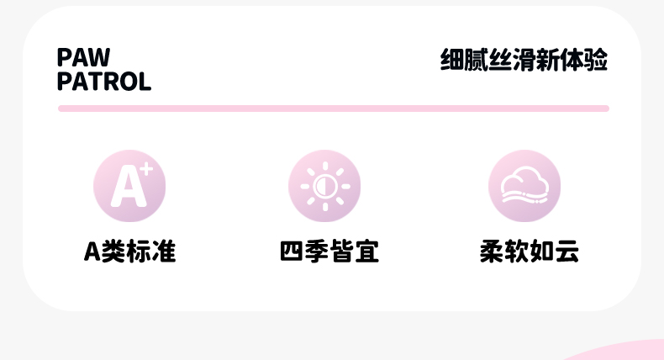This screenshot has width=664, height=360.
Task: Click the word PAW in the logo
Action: (x=83, y=57)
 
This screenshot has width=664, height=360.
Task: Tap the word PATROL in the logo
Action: (x=104, y=82)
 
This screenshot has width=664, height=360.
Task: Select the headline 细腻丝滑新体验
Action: (x=524, y=61)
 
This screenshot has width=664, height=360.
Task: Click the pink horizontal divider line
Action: (x=333, y=109)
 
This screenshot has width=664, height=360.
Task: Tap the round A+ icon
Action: (x=129, y=186)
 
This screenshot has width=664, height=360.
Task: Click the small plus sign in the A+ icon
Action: (x=146, y=169)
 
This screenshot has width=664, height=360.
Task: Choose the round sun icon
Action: (x=324, y=186)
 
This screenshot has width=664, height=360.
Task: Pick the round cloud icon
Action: (x=524, y=186)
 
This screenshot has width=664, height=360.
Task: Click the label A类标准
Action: (x=129, y=251)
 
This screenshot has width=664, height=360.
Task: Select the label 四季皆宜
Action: (x=329, y=251)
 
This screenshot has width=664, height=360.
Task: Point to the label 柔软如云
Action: (x=530, y=251)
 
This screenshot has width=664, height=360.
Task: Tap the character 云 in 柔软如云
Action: (x=567, y=251)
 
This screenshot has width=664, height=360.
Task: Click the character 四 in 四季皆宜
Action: (x=292, y=251)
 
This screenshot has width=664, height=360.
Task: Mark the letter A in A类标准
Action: (x=92, y=251)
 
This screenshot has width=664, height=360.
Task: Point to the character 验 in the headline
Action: (x=596, y=61)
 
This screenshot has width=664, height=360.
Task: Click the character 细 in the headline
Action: (x=452, y=61)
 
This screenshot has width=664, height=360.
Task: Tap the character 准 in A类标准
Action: (x=165, y=251)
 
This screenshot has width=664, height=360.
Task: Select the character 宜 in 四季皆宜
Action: (x=366, y=251)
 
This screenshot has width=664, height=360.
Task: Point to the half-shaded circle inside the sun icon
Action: (x=324, y=186)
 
